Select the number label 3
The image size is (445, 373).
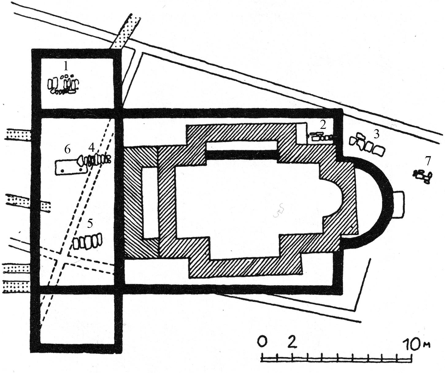point(376,134)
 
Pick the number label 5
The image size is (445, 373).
point(90,223)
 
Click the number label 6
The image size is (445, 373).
point(67,149)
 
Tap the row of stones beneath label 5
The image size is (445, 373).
point(87,241)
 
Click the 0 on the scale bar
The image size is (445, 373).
point(262,341)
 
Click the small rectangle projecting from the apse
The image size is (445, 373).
point(398,205)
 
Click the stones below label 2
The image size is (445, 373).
point(321,137)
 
